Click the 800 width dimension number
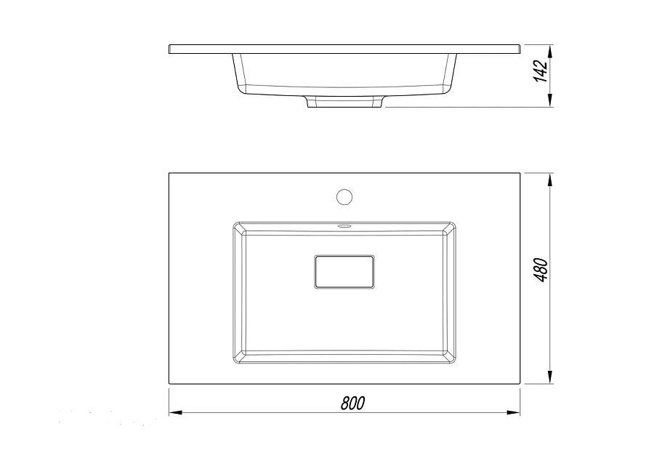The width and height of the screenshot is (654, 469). (x=353, y=403)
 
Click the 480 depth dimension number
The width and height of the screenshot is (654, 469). (x=541, y=270)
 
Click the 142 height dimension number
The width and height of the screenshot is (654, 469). (x=541, y=71)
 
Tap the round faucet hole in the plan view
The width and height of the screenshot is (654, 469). (x=344, y=197)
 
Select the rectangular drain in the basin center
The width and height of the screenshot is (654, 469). (x=344, y=272)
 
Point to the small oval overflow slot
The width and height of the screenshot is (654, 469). (x=344, y=225)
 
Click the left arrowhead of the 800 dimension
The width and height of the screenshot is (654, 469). (x=175, y=413)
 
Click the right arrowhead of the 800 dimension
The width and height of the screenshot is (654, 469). (x=514, y=413)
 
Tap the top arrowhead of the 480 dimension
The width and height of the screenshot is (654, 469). (x=550, y=180)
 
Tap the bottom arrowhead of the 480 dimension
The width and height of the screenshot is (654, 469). (x=550, y=377)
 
